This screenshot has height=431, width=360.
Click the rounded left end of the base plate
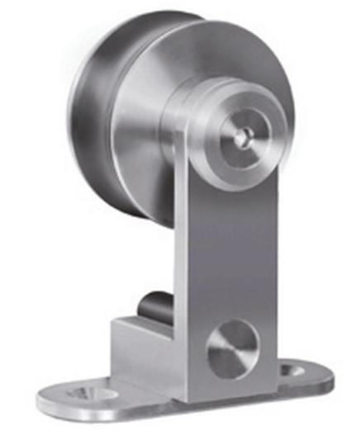tap(50, 397)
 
